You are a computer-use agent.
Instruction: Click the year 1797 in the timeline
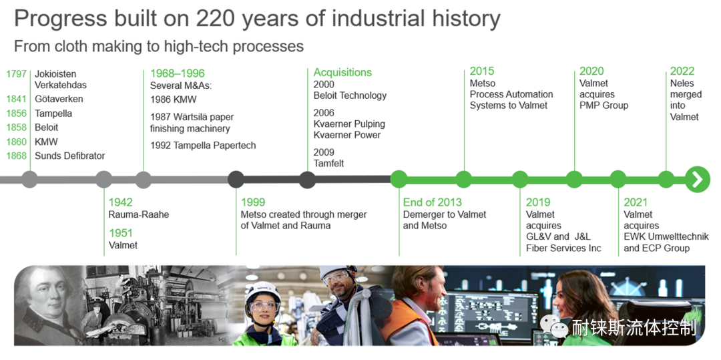pyautogui.click(x=16, y=74)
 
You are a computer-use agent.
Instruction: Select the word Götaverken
pyautogui.click(x=59, y=99)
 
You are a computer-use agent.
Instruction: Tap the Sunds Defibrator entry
pyautogui.click(x=70, y=156)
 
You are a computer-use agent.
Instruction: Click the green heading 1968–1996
pyautogui.click(x=178, y=73)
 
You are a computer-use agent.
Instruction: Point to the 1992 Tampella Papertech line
pyautogui.click(x=203, y=146)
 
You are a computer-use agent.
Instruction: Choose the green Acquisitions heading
pyautogui.click(x=342, y=72)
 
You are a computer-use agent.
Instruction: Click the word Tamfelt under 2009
pyautogui.click(x=328, y=163)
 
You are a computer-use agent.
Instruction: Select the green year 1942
pyautogui.click(x=120, y=202)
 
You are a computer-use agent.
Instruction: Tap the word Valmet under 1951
pyautogui.click(x=124, y=246)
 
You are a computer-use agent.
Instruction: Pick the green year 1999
pyautogui.click(x=253, y=202)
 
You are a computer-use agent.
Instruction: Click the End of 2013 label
pyautogui.click(x=432, y=202)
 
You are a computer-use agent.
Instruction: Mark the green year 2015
pyautogui.click(x=482, y=71)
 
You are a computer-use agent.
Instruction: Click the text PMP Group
pyautogui.click(x=604, y=106)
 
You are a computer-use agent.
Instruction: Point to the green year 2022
pyautogui.click(x=682, y=71)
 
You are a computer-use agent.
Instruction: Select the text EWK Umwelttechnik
pyautogui.click(x=666, y=237)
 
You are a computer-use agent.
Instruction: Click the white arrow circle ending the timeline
pyautogui.click(x=698, y=179)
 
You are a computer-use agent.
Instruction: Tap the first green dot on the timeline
pyautogui.click(x=399, y=179)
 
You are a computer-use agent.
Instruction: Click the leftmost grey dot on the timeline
pyautogui.click(x=30, y=179)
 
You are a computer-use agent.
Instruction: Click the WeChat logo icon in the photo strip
pyautogui.click(x=554, y=327)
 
